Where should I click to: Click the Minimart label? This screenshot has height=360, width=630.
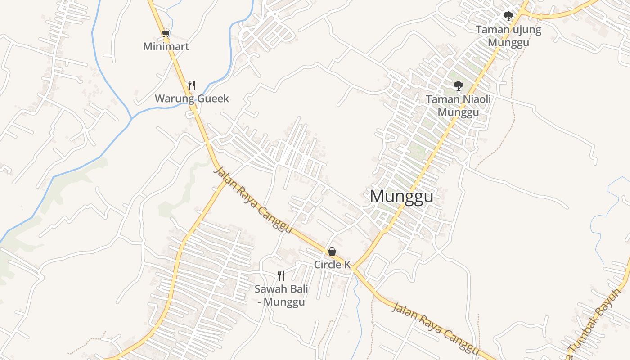[166, 46]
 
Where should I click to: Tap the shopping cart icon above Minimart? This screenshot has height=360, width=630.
[166, 33]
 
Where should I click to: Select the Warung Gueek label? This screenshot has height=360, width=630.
[192, 99]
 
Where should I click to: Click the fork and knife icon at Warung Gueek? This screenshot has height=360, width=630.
[192, 85]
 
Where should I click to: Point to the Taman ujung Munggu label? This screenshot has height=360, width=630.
[508, 36]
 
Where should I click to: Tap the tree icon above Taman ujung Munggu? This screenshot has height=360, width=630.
[508, 17]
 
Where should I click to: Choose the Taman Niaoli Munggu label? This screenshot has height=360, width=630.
[459, 105]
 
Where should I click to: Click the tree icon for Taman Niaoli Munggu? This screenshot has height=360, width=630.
[459, 85]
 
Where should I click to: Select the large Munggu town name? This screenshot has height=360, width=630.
[402, 197]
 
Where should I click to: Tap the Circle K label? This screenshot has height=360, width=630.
[332, 265]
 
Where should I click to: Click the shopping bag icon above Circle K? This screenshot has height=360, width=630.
[332, 252]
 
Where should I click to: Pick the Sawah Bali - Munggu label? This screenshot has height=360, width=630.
[281, 295]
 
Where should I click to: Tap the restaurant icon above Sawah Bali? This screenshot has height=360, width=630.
[281, 275]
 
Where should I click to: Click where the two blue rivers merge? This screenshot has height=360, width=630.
[131, 118]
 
